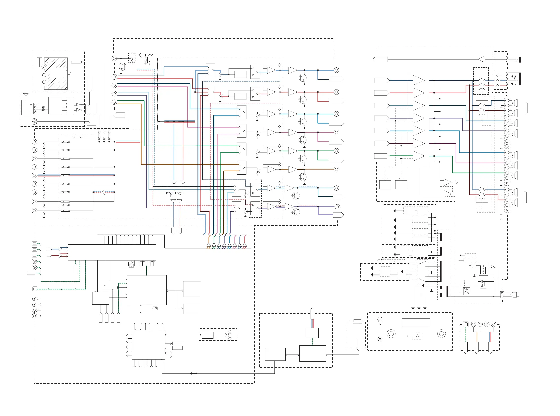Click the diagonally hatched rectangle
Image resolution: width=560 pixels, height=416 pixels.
point(56,73)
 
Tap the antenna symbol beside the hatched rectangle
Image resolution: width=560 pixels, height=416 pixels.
point(39,60)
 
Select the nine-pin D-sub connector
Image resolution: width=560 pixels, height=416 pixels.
point(229,335)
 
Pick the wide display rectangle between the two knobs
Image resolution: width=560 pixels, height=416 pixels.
point(416,323)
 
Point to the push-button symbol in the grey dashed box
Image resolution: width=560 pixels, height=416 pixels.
point(417,336)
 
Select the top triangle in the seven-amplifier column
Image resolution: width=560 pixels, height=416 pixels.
point(418,80)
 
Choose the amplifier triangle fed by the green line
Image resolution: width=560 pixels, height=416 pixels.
point(418,156)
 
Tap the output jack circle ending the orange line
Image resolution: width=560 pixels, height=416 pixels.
point(336,169)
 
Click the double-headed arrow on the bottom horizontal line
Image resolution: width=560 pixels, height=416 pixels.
point(194,373)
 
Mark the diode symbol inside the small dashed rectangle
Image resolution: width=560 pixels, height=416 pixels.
point(402,271)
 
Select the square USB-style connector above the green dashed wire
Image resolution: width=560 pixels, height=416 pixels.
point(466,324)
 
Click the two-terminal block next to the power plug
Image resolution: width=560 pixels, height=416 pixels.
point(502,295)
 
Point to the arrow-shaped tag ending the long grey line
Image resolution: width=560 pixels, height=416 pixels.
point(380,60)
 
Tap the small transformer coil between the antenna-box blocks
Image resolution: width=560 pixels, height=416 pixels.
point(43,108)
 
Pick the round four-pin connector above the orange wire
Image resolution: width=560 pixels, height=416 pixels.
point(473,324)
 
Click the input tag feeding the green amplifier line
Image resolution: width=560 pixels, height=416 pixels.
point(381,156)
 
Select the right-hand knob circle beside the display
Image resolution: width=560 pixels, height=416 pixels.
point(441,334)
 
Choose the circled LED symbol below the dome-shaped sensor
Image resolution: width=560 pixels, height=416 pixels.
point(380,339)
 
